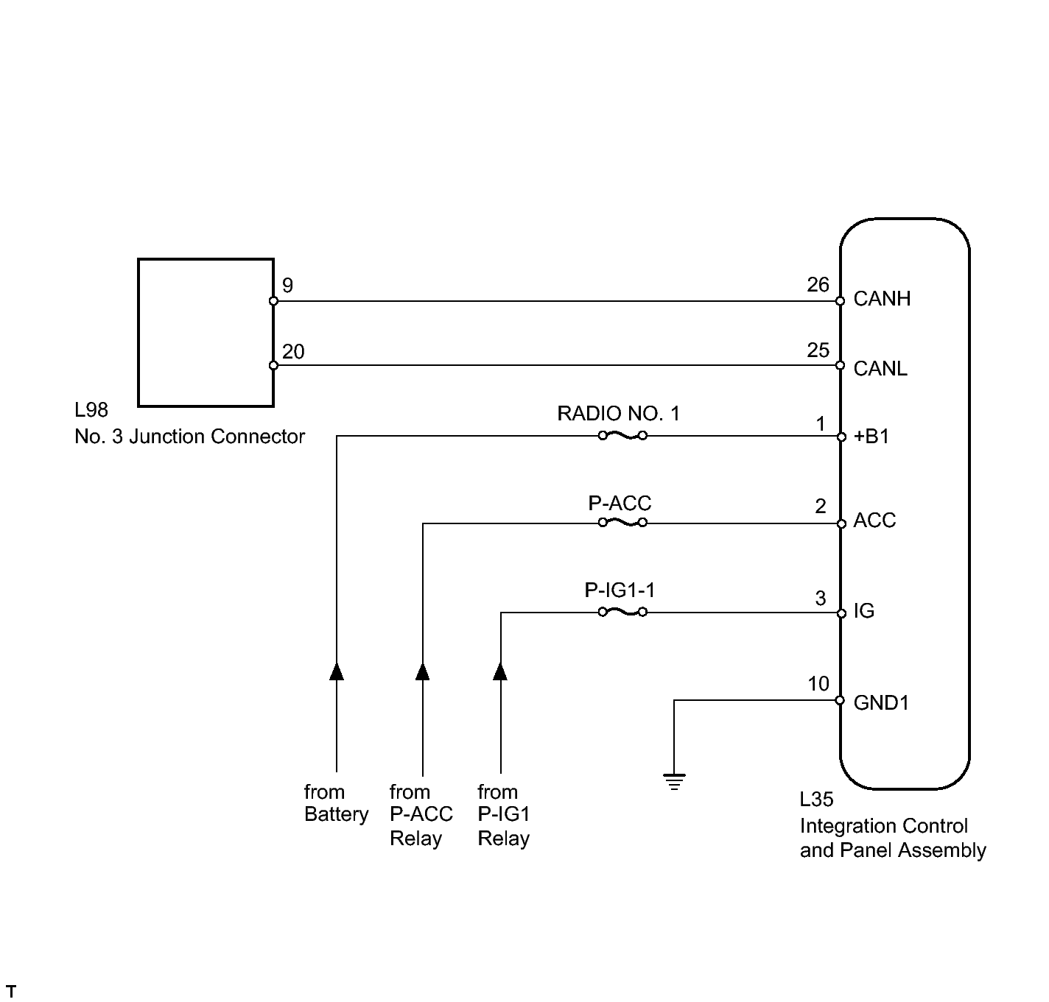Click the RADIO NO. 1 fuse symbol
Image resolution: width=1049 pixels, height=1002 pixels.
[x=622, y=436]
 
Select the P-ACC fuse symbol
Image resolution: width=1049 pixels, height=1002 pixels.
[x=622, y=523]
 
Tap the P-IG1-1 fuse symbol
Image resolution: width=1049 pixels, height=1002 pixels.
[x=622, y=612]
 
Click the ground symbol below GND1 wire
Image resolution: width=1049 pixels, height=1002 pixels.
[x=674, y=780]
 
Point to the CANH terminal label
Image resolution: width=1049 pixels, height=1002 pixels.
[x=882, y=299]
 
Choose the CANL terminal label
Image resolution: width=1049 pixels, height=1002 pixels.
[x=880, y=368]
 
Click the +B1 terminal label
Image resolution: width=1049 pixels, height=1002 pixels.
[x=871, y=437]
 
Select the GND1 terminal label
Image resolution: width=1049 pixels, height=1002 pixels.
[x=881, y=702]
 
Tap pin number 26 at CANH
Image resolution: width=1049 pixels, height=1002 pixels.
[x=818, y=285]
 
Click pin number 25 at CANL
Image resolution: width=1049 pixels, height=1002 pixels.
[x=818, y=350]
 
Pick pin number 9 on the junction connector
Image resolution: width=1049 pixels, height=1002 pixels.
[x=287, y=286]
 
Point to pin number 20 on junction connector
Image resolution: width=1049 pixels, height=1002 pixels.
[x=293, y=352]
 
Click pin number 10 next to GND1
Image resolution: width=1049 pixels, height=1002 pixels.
[x=818, y=684]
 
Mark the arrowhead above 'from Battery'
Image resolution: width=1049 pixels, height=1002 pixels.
[x=337, y=671]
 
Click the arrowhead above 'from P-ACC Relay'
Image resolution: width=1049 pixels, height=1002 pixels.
[x=423, y=671]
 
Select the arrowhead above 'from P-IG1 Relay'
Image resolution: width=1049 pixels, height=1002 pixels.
[x=500, y=671]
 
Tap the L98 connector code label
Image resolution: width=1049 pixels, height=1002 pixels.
[x=91, y=411]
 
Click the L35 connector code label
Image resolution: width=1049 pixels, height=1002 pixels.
[x=816, y=800]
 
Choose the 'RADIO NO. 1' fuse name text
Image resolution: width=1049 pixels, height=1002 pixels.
[x=618, y=414]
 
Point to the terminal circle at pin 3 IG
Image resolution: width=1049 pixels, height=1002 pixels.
[x=841, y=613]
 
